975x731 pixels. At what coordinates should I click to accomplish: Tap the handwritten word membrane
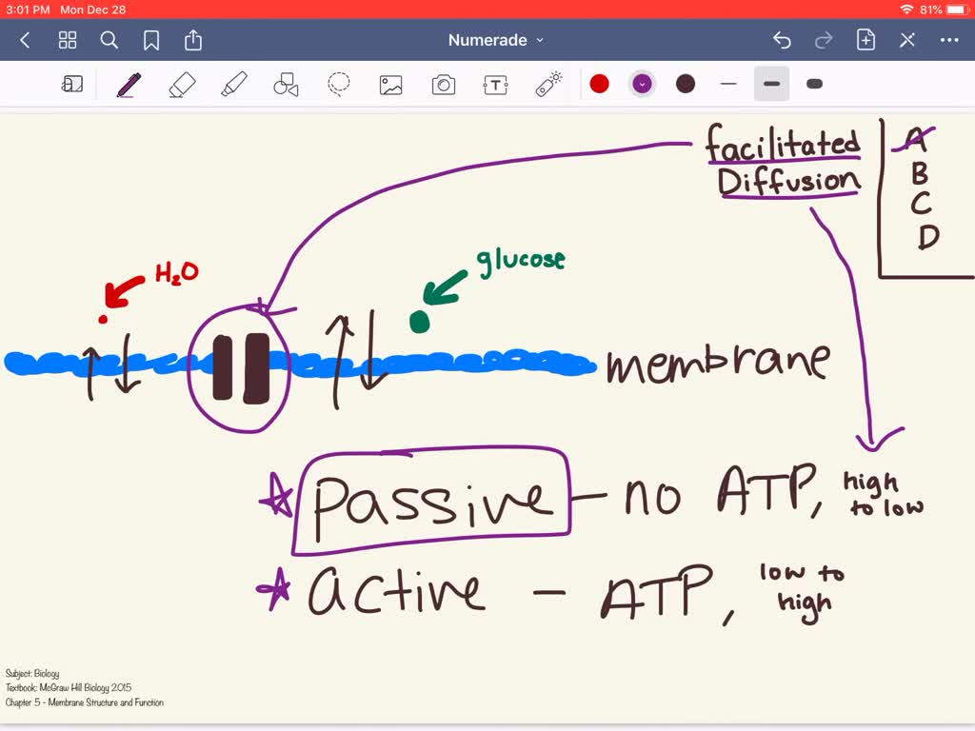(718, 364)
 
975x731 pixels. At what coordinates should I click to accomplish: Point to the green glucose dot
(419, 322)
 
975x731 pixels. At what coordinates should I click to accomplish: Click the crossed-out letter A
(915, 141)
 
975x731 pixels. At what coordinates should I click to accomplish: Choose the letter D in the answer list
(927, 235)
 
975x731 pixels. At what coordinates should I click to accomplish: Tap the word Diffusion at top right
(789, 180)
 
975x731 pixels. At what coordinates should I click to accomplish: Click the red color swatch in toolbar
(599, 84)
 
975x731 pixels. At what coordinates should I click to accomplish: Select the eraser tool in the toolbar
(181, 85)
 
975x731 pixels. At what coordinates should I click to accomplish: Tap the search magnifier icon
(109, 40)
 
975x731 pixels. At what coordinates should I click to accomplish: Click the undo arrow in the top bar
(782, 40)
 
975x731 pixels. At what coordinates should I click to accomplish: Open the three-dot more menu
(949, 40)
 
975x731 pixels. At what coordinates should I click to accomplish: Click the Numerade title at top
(487, 40)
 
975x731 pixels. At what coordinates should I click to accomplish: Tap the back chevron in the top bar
(26, 40)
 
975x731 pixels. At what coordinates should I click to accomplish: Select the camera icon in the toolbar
(444, 85)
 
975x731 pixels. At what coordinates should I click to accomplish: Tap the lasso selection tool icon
(339, 85)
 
